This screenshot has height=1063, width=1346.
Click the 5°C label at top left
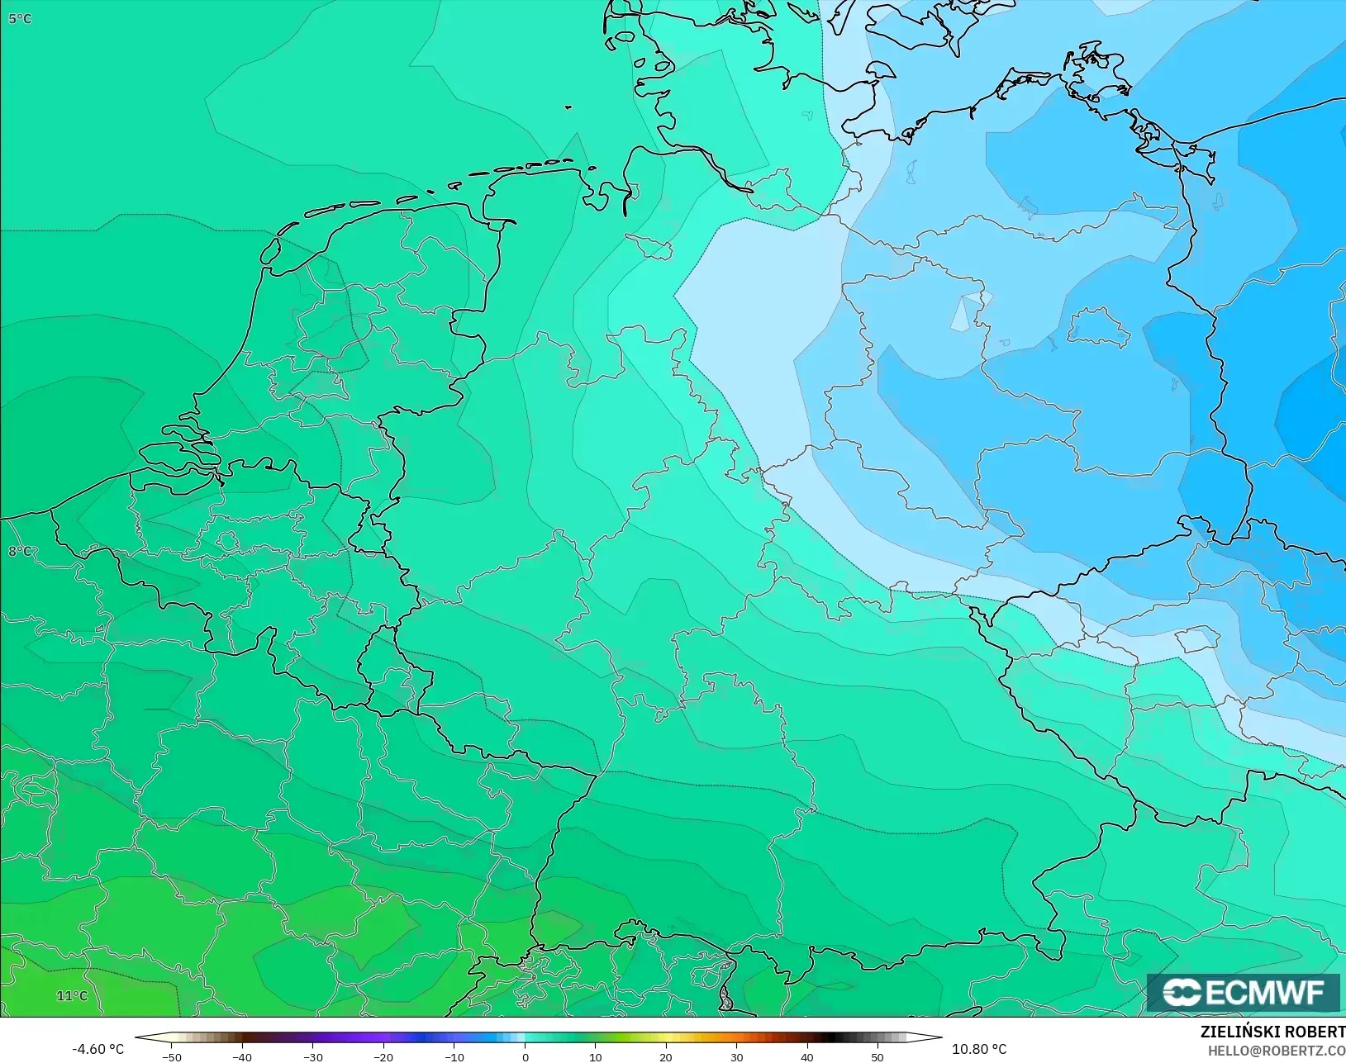tap(20, 18)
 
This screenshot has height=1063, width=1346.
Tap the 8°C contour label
tap(20, 551)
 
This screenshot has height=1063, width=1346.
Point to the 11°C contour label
tap(72, 995)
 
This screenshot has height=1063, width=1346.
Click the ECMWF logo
tap(1243, 992)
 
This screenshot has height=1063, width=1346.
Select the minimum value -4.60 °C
tap(98, 1049)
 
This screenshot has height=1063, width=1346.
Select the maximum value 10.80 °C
tap(979, 1049)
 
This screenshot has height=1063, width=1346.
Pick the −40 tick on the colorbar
tap(242, 1056)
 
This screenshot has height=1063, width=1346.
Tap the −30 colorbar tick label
tap(312, 1056)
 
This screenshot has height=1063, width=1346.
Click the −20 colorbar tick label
tap(383, 1056)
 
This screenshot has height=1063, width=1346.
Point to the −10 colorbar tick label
tap(454, 1056)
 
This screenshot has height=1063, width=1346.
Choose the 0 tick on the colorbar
tap(525, 1056)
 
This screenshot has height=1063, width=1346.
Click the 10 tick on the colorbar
tap(595, 1056)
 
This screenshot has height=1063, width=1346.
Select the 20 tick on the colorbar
tap(666, 1056)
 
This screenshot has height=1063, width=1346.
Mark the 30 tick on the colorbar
tap(736, 1056)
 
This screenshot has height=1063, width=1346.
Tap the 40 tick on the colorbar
tap(807, 1056)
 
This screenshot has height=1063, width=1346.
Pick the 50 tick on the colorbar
tap(878, 1056)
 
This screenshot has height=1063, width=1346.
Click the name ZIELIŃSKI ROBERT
tap(1272, 1032)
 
